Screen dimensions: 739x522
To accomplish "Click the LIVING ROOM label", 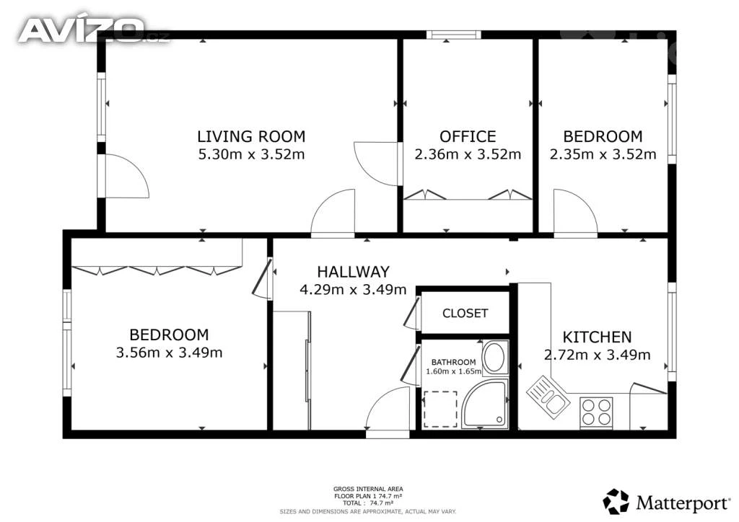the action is pyautogui.click(x=251, y=136).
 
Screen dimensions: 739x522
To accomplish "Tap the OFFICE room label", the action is pyautogui.click(x=468, y=136).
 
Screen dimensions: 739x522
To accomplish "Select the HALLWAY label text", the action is pyautogui.click(x=353, y=272).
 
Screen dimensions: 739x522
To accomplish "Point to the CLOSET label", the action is pyautogui.click(x=465, y=313).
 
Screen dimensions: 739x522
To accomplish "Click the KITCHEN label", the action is pyautogui.click(x=597, y=337).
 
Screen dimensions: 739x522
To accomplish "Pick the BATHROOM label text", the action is pyautogui.click(x=453, y=362).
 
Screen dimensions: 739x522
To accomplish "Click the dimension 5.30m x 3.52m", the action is pyautogui.click(x=251, y=154).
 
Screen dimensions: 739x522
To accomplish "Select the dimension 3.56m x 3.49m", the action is pyautogui.click(x=169, y=353).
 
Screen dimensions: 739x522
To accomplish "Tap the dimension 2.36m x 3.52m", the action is pyautogui.click(x=468, y=154).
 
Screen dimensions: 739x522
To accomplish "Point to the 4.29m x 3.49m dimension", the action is pyautogui.click(x=353, y=289).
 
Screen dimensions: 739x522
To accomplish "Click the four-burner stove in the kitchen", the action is pyautogui.click(x=596, y=413).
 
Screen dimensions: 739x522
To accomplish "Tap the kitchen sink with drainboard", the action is pyautogui.click(x=548, y=397).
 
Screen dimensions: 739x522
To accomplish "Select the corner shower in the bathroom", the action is pyautogui.click(x=485, y=404).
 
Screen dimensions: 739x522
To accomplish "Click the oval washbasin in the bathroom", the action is pyautogui.click(x=495, y=358).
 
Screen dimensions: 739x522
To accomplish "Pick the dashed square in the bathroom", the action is pyautogui.click(x=440, y=409).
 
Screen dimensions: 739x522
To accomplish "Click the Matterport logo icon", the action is pyautogui.click(x=616, y=502).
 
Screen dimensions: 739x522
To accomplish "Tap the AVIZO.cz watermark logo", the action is pyautogui.click(x=92, y=30).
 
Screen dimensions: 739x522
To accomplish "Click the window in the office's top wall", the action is pyautogui.click(x=454, y=35).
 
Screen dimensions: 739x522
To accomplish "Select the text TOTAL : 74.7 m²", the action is pyautogui.click(x=367, y=503).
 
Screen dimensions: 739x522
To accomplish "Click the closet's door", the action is pyautogui.click(x=411, y=313).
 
